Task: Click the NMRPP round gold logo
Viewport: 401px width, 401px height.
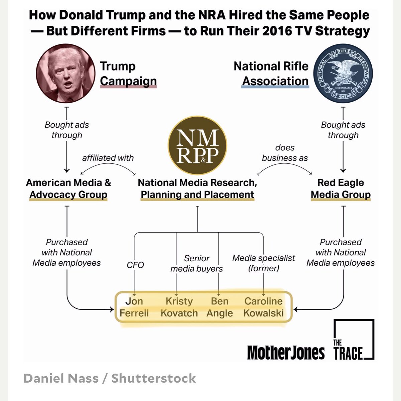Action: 197,145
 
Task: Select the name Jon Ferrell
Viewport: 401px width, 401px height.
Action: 134,307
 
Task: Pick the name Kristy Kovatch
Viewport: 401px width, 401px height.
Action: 179,307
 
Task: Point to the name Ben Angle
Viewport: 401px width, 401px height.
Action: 220,307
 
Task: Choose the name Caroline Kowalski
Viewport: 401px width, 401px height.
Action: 263,307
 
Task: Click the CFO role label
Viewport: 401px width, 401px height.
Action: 135,265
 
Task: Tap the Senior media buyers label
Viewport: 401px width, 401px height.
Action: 196,263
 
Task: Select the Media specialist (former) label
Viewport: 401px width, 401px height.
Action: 264,263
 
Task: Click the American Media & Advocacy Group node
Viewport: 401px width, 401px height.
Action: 68,189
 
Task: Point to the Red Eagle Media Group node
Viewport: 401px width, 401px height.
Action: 341,189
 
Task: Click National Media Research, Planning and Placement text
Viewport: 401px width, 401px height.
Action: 197,189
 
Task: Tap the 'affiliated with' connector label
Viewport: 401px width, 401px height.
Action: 108,158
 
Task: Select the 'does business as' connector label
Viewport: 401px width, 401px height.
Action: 285,153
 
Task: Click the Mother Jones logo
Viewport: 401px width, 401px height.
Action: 286,353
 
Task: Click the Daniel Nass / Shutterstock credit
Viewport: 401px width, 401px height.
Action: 110,378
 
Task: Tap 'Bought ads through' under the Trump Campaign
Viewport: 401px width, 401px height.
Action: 67,130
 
